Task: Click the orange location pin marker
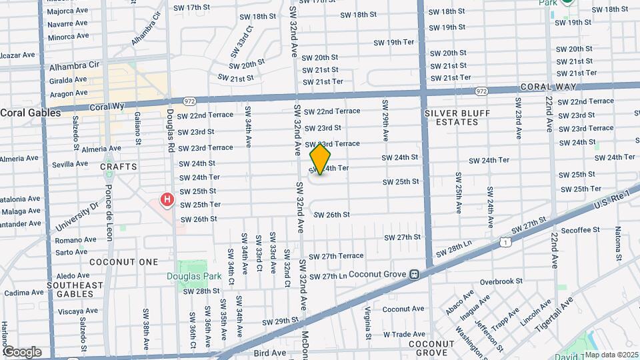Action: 321,159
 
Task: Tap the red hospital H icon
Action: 167,199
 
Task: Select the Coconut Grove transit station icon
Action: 414,273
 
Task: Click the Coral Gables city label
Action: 31,113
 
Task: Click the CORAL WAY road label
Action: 546,87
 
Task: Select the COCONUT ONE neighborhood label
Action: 124,262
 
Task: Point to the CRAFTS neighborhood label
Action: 119,167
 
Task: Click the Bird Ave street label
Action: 270,352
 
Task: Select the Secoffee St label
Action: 580,231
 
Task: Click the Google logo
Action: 22,352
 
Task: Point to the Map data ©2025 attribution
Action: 611,355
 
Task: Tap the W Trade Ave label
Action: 405,334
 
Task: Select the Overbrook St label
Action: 501,281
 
